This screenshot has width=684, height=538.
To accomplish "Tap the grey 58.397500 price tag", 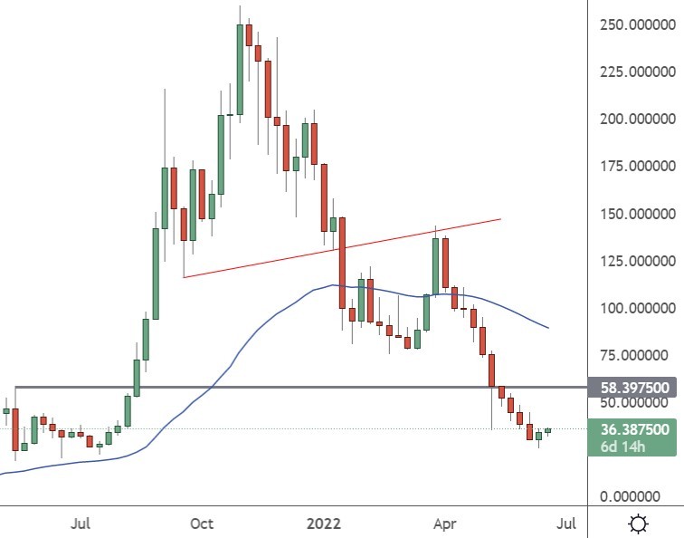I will pos(634,388).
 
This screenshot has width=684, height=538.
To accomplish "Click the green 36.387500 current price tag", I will pos(634,428).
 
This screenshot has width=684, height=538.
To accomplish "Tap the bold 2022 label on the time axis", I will pos(323,524).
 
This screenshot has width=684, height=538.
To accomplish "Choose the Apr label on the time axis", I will pos(443,524).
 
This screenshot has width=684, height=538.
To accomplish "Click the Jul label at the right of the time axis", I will pos(565,524).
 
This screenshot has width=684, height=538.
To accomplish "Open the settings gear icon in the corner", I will pos(639,524).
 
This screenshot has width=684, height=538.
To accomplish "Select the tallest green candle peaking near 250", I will pos(240,69).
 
